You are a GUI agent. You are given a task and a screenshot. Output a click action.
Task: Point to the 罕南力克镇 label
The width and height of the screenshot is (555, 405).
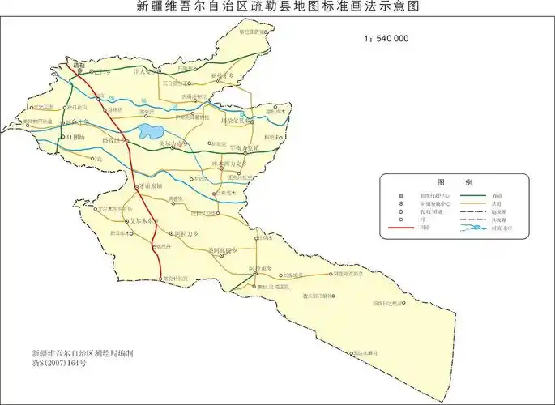tap(243, 148)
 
